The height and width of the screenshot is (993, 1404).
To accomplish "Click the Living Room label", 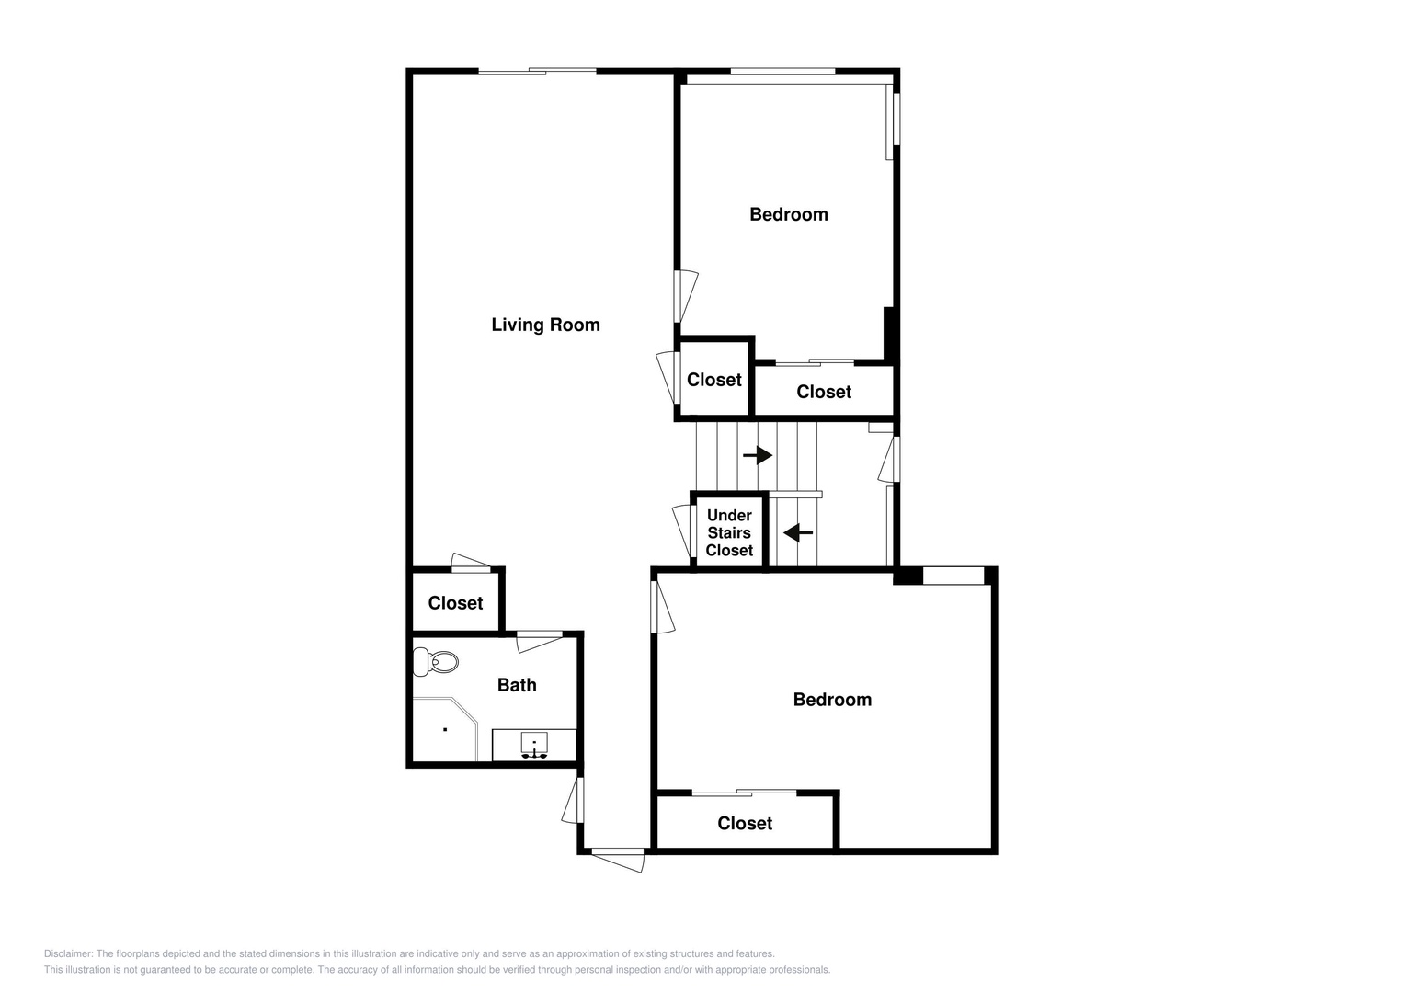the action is pos(545,325).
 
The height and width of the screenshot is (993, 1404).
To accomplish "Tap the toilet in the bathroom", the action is pos(436,662).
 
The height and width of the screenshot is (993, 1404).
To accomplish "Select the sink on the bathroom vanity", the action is pos(534,745).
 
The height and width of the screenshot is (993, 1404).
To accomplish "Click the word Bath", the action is pos(517,685).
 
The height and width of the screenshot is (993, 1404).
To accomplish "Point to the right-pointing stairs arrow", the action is pos(757,455).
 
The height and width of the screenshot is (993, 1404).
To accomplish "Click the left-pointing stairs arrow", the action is pos(798,533).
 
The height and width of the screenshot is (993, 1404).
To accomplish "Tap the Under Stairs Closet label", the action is pos(729,533).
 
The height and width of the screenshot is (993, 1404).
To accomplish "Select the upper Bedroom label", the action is pos(789,214).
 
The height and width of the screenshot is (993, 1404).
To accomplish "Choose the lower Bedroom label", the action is pos(832,700).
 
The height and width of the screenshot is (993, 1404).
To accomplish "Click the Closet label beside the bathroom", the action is pos(455,603).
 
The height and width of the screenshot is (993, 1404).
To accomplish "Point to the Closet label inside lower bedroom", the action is pos(745,823).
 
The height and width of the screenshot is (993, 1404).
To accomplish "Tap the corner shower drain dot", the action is pos(445,729).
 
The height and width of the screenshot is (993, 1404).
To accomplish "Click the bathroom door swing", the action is pos(539,643).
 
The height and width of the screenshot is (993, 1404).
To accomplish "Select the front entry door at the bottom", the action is pos(618,860).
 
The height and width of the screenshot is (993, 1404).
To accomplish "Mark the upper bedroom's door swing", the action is pos(686,296).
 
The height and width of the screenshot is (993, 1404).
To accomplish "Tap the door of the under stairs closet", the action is pos(681,531).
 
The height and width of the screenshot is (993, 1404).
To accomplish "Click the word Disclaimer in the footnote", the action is pos(69,953).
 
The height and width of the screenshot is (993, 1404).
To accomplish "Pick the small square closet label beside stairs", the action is pos(713,380).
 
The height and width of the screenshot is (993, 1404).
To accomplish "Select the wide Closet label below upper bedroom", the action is pos(824,392).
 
